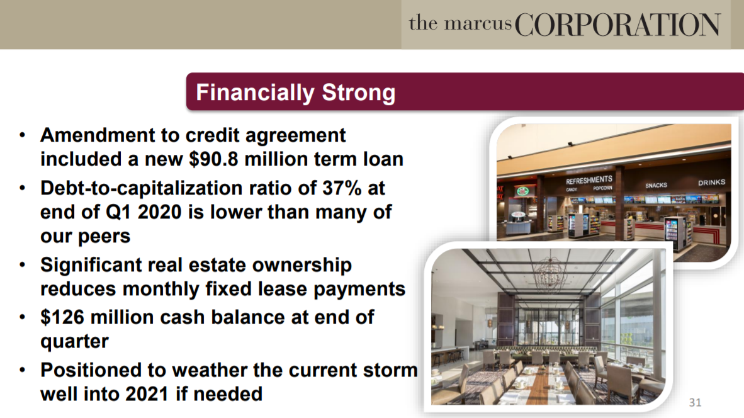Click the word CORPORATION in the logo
pyautogui.click(x=617, y=25)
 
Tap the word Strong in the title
pyautogui.click(x=359, y=92)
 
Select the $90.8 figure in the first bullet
pyautogui.click(x=213, y=159)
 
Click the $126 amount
pyautogui.click(x=62, y=317)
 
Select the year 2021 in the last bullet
pyautogui.click(x=147, y=394)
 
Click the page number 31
pyautogui.click(x=695, y=402)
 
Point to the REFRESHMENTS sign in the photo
pyautogui.click(x=589, y=180)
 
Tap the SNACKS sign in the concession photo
pyautogui.click(x=657, y=186)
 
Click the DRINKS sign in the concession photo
pyautogui.click(x=711, y=182)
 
